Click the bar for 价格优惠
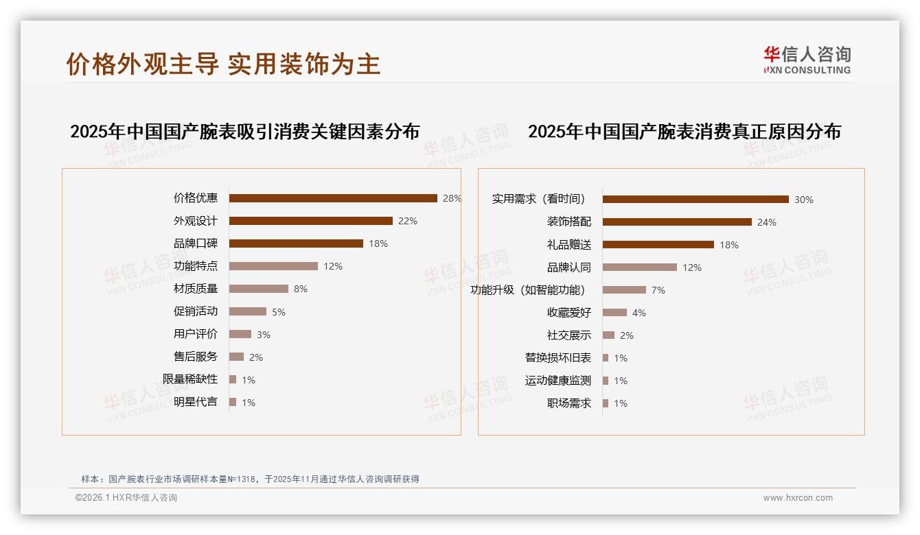pyautogui.click(x=333, y=198)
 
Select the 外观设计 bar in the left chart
pyautogui.click(x=310, y=221)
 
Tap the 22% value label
pyautogui.click(x=408, y=221)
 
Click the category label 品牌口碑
pyautogui.click(x=195, y=243)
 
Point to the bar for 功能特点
pyautogui.click(x=273, y=266)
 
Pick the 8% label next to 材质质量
pyautogui.click(x=301, y=289)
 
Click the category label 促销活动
pyautogui.click(x=195, y=311)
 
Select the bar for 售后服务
pyautogui.click(x=236, y=357)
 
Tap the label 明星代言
pyautogui.click(x=195, y=402)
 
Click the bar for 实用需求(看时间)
pyautogui.click(x=695, y=200)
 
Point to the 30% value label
pyautogui.click(x=804, y=200)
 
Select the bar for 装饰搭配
pyautogui.click(x=677, y=222)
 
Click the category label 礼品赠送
pyautogui.click(x=568, y=245)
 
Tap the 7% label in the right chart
pyautogui.click(x=658, y=290)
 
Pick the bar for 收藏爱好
pyautogui.click(x=614, y=313)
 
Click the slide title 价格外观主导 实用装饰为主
pyautogui.click(x=223, y=64)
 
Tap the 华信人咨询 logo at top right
pyautogui.click(x=807, y=60)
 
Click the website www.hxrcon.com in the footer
pyautogui.click(x=798, y=498)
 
